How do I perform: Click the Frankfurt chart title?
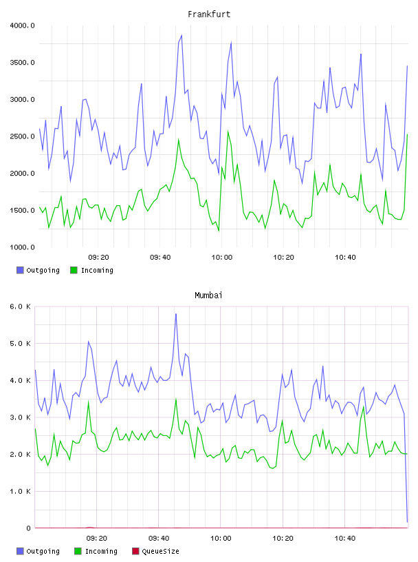coord(209,14)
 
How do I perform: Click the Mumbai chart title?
coord(208,295)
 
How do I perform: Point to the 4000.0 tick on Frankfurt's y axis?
coord(22,25)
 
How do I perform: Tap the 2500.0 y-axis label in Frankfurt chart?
coord(22,136)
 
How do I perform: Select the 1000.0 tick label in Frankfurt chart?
coord(22,247)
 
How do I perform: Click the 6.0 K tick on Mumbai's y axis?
coord(20,306)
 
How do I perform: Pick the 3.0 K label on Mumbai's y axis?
coord(20,417)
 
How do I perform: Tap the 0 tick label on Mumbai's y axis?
coord(28,528)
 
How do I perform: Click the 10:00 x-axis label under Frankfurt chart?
coord(222,258)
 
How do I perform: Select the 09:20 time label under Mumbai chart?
coord(97,539)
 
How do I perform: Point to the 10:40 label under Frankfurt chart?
coord(345,258)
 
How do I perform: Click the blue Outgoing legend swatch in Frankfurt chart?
coord(20,270)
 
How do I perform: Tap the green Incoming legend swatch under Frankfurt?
coord(74,270)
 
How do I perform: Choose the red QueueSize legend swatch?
coord(135,551)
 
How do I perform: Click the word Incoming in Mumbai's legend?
coord(101,552)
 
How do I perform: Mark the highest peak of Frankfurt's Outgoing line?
coord(181,35)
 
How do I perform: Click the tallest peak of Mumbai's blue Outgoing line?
coord(176,314)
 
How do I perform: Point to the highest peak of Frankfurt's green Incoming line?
coord(228,132)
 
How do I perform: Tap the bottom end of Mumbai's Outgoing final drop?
coord(407,522)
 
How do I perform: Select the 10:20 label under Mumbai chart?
coord(283,539)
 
